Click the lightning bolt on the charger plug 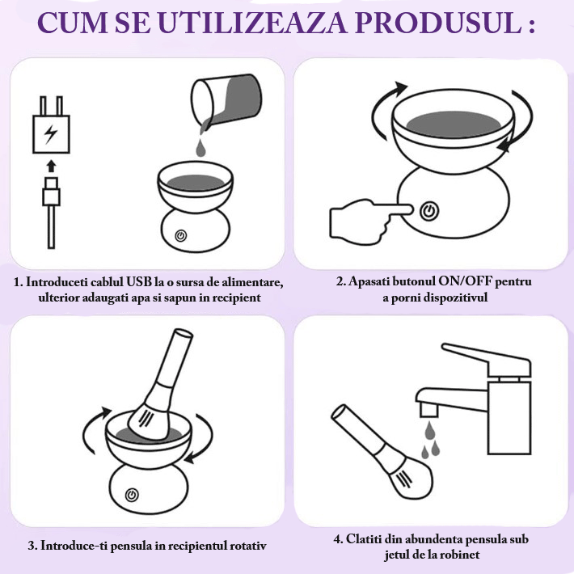point(50,134)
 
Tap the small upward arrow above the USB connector point(51,166)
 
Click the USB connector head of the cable point(51,191)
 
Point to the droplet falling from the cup point(200,147)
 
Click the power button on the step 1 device point(181,236)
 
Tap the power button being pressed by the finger point(429,211)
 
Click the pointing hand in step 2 point(369,218)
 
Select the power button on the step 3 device point(132,495)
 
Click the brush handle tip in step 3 point(182,334)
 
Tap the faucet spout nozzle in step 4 point(429,409)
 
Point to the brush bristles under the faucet point(410,479)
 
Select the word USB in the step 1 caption point(139,282)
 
